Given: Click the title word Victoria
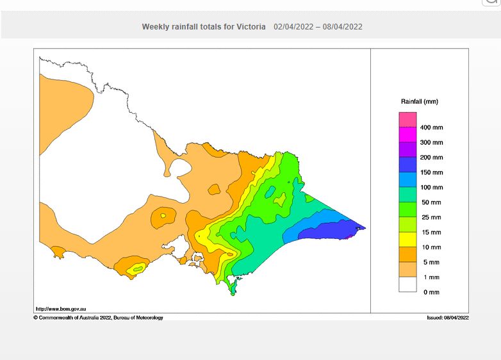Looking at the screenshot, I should coord(249,27).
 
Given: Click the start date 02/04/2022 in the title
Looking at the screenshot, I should coord(295,27).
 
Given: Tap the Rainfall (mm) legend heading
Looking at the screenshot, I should coord(420,102).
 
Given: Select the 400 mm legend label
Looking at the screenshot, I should coord(431,127).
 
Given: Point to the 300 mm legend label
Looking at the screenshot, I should coord(431,142).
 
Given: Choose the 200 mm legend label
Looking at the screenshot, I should coord(431,158).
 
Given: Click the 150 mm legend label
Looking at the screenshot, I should coord(431,172).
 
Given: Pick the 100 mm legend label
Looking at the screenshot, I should coord(431,188).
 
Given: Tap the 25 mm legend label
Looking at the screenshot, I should coord(430,217).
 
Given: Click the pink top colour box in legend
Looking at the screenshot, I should coord(407,120).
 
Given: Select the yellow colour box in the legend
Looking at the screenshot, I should coord(407,240).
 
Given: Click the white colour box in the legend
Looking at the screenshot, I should coord(407,284).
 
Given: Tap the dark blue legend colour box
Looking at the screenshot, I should coord(407,165).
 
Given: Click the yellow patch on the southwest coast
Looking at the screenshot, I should coord(136,269).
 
